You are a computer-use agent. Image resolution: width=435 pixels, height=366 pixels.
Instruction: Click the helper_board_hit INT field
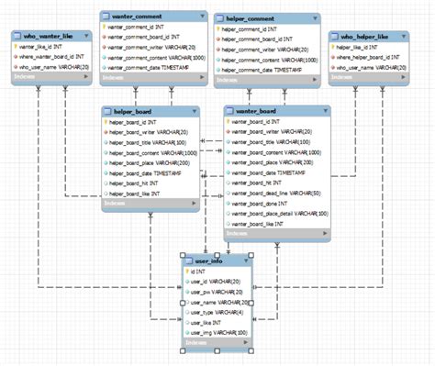coord(139,183)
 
